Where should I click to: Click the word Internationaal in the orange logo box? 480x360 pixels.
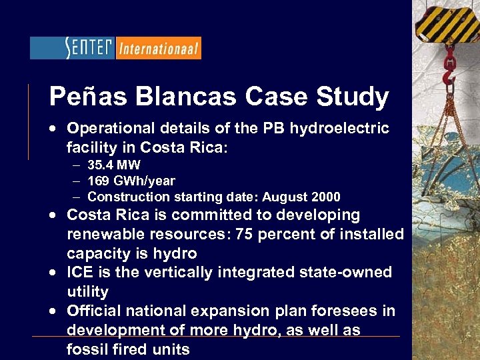pyautogui.click(x=158, y=48)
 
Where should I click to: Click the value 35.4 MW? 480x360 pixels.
pyautogui.click(x=114, y=165)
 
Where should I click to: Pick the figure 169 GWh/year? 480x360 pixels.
pyautogui.click(x=131, y=181)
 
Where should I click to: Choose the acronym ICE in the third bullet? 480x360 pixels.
pyautogui.click(x=81, y=272)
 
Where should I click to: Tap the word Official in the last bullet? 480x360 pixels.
pyautogui.click(x=95, y=311)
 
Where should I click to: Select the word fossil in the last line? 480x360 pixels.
pyautogui.click(x=85, y=349)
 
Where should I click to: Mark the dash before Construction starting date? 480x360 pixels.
pyautogui.click(x=77, y=197)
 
